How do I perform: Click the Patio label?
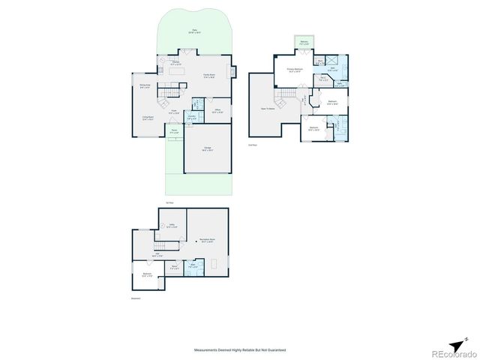coord(194,31)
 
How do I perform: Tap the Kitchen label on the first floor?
coord(175,63)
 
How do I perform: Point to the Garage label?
coord(207,148)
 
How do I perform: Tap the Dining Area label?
coord(145,85)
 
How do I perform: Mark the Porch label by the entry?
coord(173,131)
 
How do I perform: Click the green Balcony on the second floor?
coord(303,43)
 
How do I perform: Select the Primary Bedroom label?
coord(294,71)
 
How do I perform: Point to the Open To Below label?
coord(266,107)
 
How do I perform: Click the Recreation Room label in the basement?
coord(207,241)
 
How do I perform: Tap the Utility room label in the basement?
coord(172,225)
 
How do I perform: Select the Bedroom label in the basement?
coord(146,275)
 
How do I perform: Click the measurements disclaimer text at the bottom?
coord(239,350)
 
